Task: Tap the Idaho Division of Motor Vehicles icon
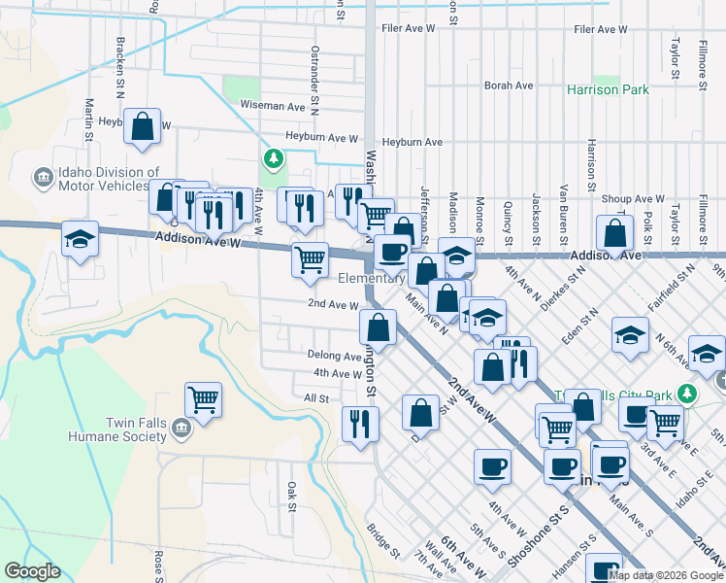tap(44, 178)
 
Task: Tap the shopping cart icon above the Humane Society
tap(203, 397)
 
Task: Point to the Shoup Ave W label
tap(632, 198)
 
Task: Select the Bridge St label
tap(382, 540)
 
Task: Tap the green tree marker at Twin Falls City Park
tap(688, 394)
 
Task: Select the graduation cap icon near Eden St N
tap(630, 335)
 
